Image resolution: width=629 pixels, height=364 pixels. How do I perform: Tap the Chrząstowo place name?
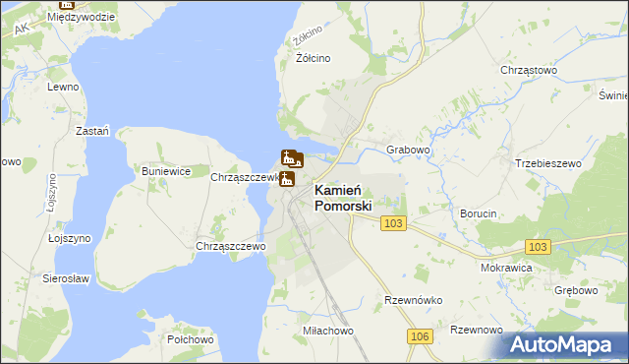coord(529,71)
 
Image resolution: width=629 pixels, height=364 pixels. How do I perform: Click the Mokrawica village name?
coord(506,267)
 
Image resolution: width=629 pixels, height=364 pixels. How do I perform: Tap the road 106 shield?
coord(420,337)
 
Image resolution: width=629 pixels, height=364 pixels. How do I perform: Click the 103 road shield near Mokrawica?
coord(538,247)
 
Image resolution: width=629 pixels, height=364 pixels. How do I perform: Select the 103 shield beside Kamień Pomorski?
coord(394,224)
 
